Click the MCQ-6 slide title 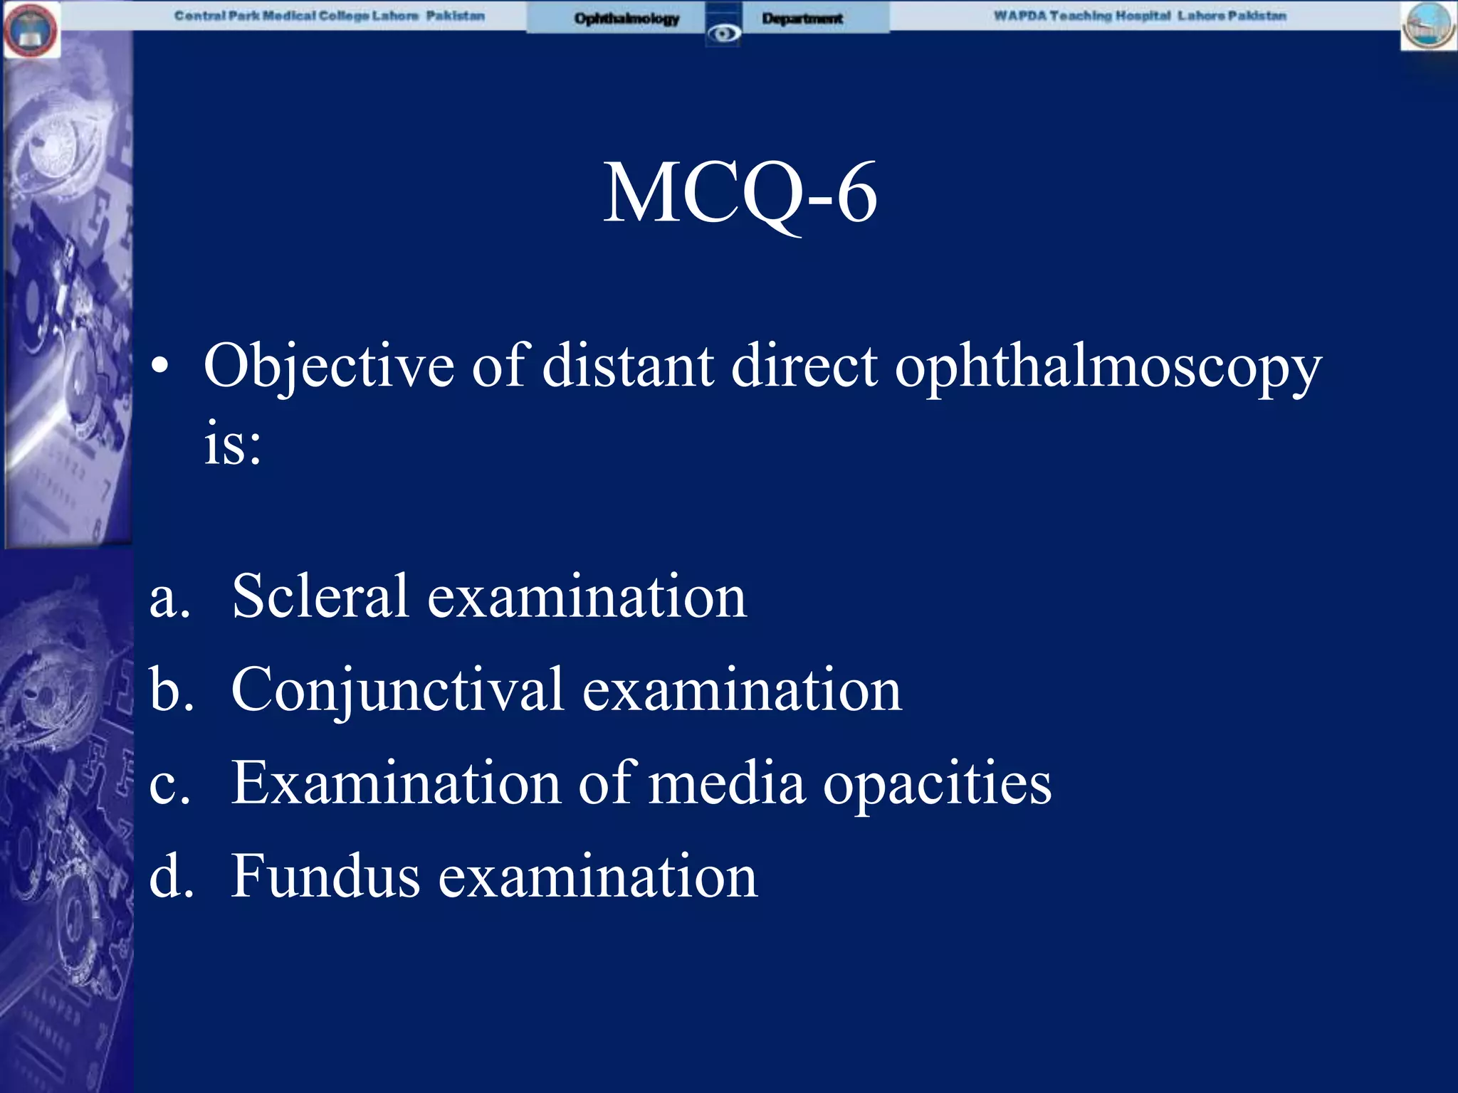click(740, 193)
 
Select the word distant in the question click(628, 366)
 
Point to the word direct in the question click(804, 366)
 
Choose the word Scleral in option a click(320, 596)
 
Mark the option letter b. click(171, 690)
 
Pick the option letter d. click(171, 876)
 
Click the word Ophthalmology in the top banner click(626, 19)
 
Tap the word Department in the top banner click(802, 19)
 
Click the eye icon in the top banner click(723, 33)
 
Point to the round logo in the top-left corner click(31, 31)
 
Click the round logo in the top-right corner click(1428, 26)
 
